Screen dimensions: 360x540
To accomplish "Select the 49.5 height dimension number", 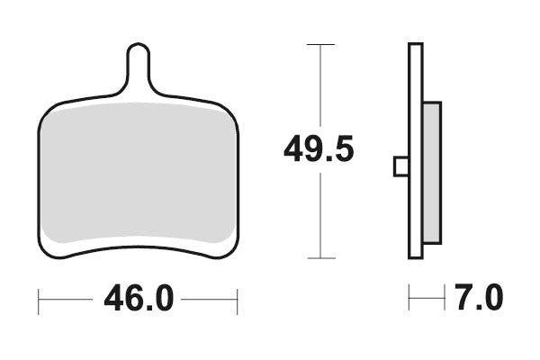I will pos(319,149).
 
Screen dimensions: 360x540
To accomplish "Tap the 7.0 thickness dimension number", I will pos(479,298).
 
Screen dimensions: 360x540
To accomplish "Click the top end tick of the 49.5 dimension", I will pos(320,43).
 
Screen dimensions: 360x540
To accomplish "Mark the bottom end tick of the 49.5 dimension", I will pos(320,258).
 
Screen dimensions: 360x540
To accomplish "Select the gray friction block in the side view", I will pos(432,172).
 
